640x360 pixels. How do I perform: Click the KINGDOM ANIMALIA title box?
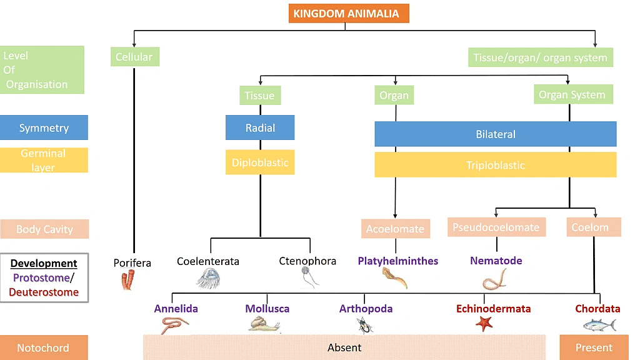[349, 14]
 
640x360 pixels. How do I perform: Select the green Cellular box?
[134, 57]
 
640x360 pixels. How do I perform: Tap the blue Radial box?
[260, 128]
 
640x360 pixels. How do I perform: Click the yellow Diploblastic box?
[260, 162]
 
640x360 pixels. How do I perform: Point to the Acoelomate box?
[395, 229]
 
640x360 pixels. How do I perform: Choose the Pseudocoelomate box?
[496, 227]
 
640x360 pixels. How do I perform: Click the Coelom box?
[590, 227]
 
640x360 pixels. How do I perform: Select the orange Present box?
[594, 347]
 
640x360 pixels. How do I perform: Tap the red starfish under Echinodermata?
[484, 323]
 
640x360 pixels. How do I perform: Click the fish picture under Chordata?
[599, 324]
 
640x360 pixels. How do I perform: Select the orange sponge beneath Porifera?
[127, 281]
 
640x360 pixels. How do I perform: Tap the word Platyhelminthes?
[398, 261]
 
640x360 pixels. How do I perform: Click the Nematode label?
[496, 261]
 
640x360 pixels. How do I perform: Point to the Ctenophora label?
[307, 261]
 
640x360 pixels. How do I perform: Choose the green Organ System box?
[572, 95]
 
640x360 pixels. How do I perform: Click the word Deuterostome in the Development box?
[44, 292]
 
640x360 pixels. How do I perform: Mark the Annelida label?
[176, 309]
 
